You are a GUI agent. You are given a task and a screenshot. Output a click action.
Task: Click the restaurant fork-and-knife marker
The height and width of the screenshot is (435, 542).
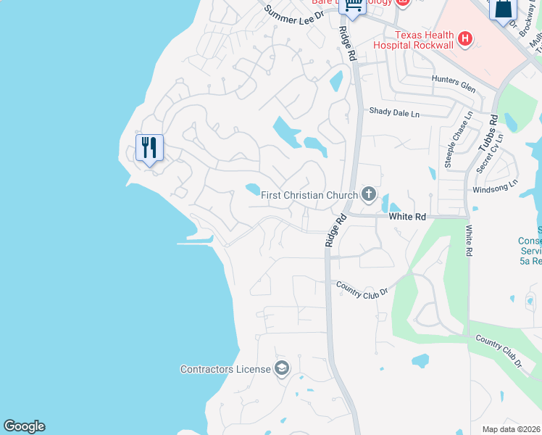(149, 148)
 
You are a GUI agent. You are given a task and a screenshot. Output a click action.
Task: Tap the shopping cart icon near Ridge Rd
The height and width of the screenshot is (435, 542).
(354, 6)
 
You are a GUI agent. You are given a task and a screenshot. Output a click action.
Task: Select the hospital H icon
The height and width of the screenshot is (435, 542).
(465, 38)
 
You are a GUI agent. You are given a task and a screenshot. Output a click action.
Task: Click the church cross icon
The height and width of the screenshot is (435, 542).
(369, 194)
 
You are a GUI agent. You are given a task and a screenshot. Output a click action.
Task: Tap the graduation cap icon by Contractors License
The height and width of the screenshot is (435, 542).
(281, 369)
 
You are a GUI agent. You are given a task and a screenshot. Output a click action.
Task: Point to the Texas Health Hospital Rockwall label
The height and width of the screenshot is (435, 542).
(413, 40)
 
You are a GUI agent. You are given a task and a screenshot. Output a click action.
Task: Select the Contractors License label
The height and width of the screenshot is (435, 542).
(225, 369)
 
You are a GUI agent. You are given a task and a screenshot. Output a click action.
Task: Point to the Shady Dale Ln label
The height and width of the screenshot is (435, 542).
(394, 112)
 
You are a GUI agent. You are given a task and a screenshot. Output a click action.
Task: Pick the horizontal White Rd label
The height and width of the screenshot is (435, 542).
(406, 217)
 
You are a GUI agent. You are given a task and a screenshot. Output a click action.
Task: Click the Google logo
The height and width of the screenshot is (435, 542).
(24, 426)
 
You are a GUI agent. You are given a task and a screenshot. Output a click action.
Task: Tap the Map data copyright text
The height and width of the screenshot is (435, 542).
(512, 429)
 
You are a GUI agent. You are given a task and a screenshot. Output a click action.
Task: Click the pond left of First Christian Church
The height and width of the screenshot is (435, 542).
(252, 189)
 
